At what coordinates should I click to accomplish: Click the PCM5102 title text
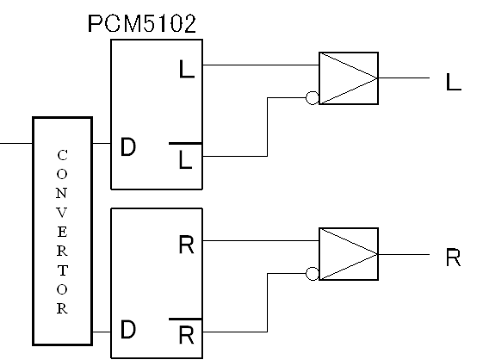point(142,23)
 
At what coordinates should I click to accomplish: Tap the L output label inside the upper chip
point(187,69)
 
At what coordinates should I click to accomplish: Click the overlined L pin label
point(186,156)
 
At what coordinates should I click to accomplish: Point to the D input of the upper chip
point(128,146)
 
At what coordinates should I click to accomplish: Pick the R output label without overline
point(187,245)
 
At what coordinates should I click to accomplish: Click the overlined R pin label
point(186,332)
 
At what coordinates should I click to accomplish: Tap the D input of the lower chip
point(128,330)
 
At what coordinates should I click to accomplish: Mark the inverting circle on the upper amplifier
point(313,98)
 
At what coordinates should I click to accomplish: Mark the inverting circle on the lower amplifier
point(313,274)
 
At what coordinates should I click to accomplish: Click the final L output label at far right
point(454,82)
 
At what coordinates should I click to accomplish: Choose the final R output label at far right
point(453,258)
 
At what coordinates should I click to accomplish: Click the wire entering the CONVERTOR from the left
point(16,144)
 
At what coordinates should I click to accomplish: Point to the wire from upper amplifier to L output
point(404,78)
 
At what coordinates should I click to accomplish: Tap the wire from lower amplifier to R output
point(404,255)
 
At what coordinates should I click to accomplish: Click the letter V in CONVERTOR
point(62,213)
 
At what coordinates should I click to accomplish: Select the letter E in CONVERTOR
point(62,232)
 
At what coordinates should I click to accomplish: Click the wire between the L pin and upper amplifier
point(261,65)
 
